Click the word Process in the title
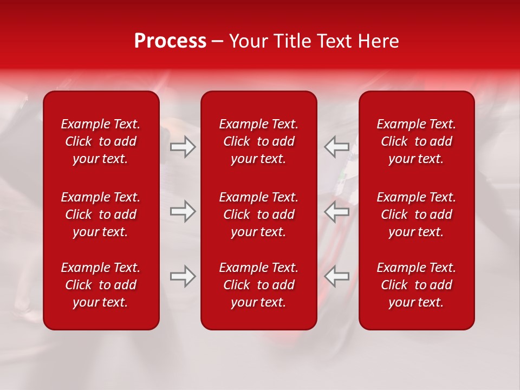pos(170,41)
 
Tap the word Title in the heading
pos(291,41)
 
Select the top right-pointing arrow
pos(183,147)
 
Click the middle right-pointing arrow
pos(183,211)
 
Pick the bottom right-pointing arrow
pos(183,276)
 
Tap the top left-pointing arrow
pos(336,147)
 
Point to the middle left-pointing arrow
pos(336,211)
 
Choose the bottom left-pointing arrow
pos(336,276)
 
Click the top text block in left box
pos(101,141)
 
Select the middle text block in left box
pos(101,214)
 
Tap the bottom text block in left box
pos(101,285)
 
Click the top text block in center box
pos(259,141)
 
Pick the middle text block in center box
pos(259,214)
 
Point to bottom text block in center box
pos(259,285)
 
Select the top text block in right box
pos(417,141)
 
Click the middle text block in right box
pos(417,214)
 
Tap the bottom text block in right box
pos(417,285)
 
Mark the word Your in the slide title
pos(247,41)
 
